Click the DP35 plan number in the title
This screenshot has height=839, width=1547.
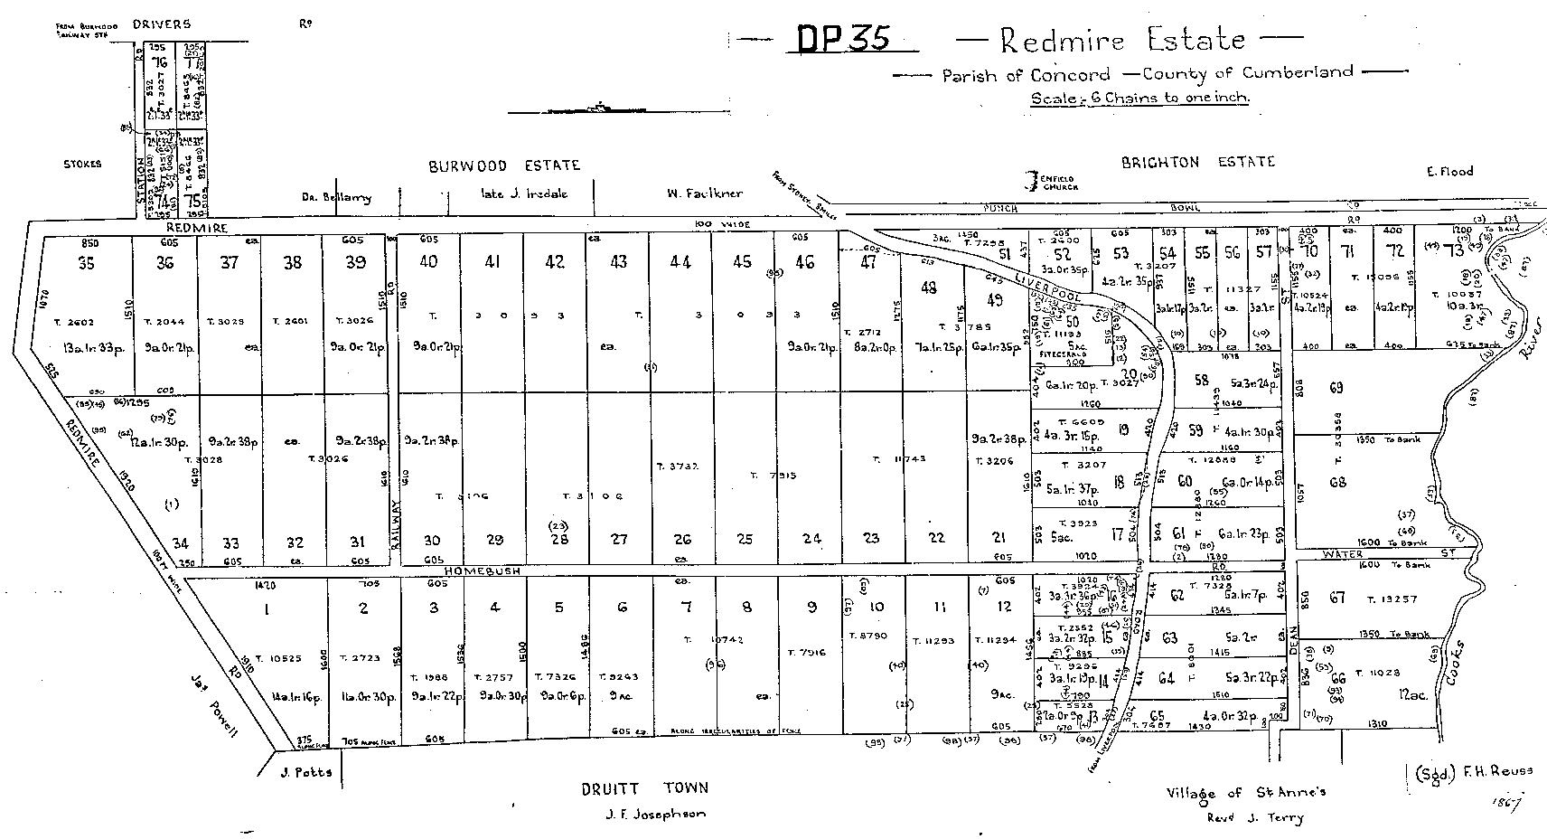tap(844, 38)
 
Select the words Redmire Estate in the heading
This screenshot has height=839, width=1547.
tap(1122, 40)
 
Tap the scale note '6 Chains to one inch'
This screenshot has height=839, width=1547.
tap(1140, 99)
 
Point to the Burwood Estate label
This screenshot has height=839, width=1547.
tap(504, 165)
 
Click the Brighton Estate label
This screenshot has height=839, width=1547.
tap(1197, 163)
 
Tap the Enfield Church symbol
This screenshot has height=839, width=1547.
tap(1029, 181)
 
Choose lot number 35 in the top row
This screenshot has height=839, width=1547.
tap(86, 263)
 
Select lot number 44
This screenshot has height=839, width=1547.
tap(680, 262)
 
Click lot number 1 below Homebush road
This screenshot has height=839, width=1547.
tap(267, 609)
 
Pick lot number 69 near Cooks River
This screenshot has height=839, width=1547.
tap(1336, 388)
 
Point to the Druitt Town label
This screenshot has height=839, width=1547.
tap(645, 788)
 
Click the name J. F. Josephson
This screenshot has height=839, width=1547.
tap(655, 814)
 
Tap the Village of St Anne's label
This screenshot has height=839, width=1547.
tap(1245, 793)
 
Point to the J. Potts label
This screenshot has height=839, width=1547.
tap(305, 772)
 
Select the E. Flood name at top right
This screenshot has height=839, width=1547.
tap(1449, 170)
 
